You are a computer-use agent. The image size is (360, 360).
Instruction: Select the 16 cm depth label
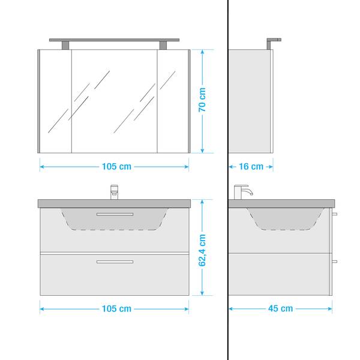point(251,166)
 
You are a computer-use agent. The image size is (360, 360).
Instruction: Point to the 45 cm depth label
point(280,309)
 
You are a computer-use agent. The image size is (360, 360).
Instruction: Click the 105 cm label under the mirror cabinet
point(116,166)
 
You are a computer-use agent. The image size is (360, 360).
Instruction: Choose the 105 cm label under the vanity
point(116,309)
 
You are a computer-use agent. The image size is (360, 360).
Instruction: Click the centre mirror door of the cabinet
point(114,100)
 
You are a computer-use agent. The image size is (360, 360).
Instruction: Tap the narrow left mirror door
point(56,100)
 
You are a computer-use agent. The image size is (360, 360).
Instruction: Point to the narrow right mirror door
point(173,100)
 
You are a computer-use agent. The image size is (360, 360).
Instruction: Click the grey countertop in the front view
point(60,203)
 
